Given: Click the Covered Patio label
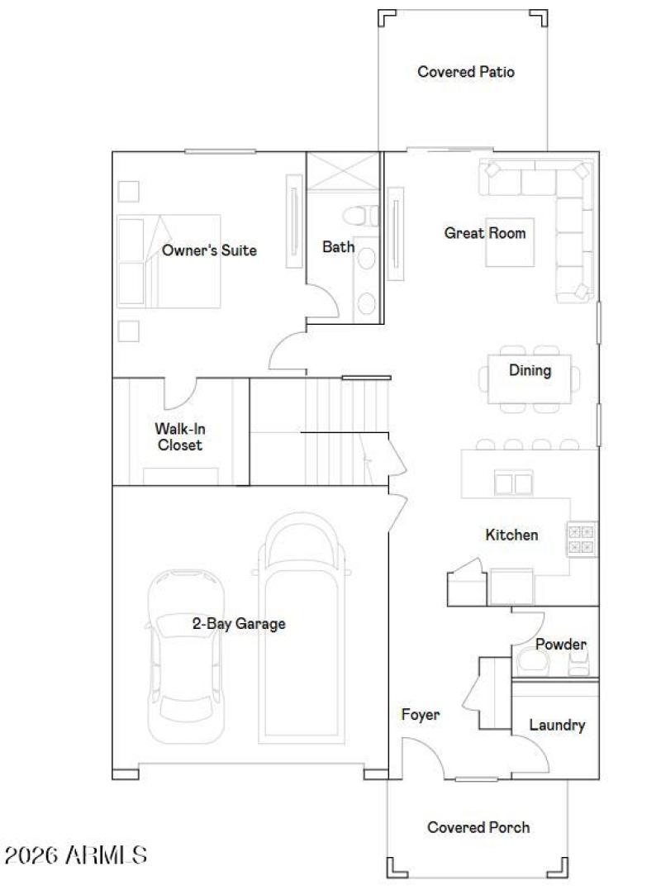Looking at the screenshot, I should click(466, 72).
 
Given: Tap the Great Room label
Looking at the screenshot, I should click(485, 233).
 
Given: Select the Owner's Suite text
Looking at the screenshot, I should click(209, 250).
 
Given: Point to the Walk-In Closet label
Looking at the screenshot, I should click(179, 436).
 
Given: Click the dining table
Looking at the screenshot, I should click(530, 379).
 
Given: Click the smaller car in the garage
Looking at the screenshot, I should click(186, 649).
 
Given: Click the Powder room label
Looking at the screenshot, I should click(561, 644).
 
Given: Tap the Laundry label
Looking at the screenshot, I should click(557, 725).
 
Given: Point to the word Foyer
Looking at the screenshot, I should click(421, 714).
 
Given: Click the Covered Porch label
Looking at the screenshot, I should click(478, 827).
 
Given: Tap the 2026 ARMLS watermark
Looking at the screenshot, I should click(76, 855).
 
